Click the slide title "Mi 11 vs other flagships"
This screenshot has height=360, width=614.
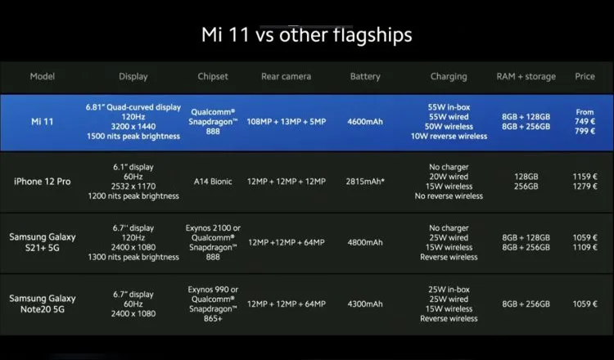pos(307,35)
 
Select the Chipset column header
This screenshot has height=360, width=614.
pos(213,76)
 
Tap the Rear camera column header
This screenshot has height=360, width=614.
pos(287,76)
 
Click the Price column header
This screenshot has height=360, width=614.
pos(585,76)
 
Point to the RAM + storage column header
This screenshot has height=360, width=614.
pos(526,77)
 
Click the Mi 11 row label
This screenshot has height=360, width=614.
pos(42,122)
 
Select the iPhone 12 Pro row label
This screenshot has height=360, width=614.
pos(43,182)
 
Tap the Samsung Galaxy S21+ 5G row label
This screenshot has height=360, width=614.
pos(43,242)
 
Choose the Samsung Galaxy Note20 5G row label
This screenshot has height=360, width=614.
pos(43,304)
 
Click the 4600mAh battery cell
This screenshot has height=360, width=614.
pos(365,122)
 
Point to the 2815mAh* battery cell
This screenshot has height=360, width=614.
pos(365,182)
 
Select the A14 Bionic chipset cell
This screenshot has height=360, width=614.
pos(213,182)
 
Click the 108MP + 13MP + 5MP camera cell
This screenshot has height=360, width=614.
pos(287,122)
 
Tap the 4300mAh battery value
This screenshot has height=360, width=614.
pos(365,304)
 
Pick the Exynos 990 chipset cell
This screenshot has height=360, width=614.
pos(213,304)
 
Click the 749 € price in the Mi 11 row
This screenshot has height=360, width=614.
pos(585,122)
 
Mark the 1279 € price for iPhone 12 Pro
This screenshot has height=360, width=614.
pos(585,187)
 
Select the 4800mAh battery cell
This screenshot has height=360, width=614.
pos(365,242)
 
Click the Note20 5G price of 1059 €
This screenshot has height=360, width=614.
pos(585,304)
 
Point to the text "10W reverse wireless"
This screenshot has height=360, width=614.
pos(449,136)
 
